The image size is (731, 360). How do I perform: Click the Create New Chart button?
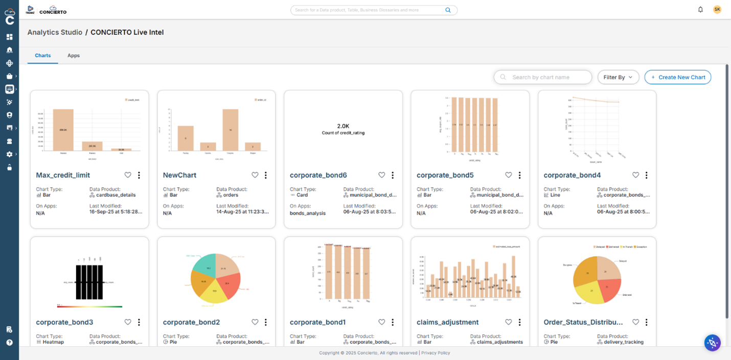pyautogui.click(x=677, y=77)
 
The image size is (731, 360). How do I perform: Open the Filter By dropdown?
pyautogui.click(x=618, y=77)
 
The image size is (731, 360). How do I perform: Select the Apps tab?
pyautogui.click(x=74, y=55)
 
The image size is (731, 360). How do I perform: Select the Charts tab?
pyautogui.click(x=43, y=55)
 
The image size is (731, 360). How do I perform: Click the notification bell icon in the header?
pyautogui.click(x=700, y=10)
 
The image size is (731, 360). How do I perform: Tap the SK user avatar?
pyautogui.click(x=717, y=10)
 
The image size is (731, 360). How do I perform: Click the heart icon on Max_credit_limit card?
pyautogui.click(x=128, y=175)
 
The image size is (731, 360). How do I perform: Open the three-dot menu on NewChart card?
pyautogui.click(x=266, y=175)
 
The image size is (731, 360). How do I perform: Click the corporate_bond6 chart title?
pyautogui.click(x=318, y=175)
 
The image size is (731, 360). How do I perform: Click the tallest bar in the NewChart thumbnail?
pyautogui.click(x=231, y=130)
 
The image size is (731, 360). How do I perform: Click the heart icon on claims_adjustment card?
pyautogui.click(x=509, y=322)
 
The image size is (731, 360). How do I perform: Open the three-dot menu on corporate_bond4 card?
pyautogui.click(x=647, y=175)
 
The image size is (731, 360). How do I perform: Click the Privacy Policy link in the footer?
pyautogui.click(x=436, y=353)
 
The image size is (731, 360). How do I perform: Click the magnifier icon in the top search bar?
pyautogui.click(x=448, y=10)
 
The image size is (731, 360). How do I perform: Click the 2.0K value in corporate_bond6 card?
pyautogui.click(x=343, y=126)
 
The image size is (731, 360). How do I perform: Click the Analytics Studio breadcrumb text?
pyautogui.click(x=55, y=32)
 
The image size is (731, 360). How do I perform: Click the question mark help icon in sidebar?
pyautogui.click(x=9, y=343)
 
